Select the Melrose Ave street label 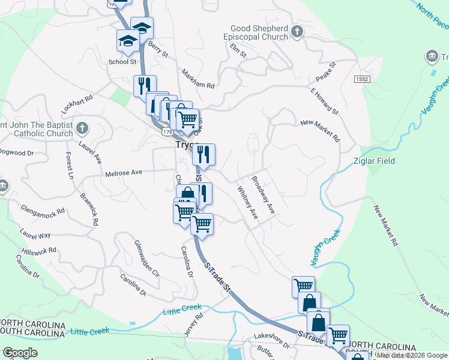point(123,173)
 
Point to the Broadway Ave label point(263,195)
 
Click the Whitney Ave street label point(247,203)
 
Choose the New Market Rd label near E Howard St point(320,130)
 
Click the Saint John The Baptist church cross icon point(83,128)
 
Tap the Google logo point(20,353)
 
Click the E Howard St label point(325,101)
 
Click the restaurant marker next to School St point(145,85)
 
